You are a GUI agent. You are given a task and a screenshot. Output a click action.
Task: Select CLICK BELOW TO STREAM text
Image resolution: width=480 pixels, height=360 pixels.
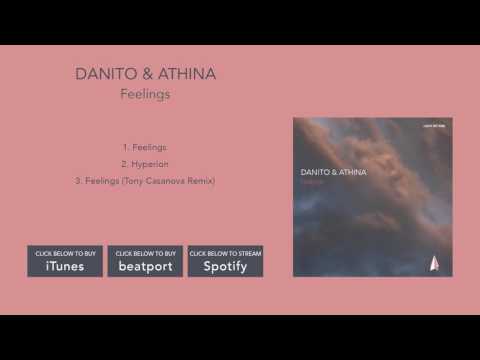click(x=225, y=253)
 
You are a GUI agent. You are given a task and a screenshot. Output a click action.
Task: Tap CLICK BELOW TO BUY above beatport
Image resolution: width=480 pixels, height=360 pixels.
click(x=145, y=253)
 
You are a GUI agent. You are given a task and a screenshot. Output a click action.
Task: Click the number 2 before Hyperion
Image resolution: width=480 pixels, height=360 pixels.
click(x=123, y=163)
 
